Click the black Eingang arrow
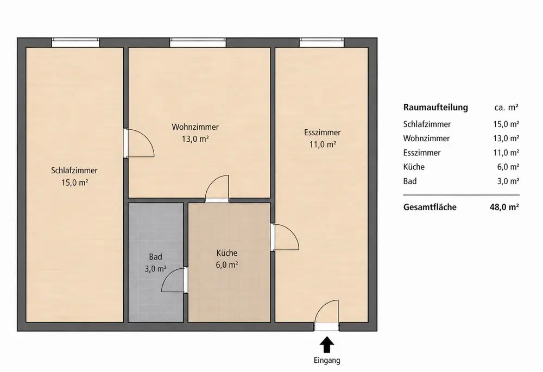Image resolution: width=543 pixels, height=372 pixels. (x=327, y=345)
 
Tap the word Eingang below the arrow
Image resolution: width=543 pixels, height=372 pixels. (x=327, y=361)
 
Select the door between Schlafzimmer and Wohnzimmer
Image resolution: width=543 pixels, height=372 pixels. (x=139, y=143)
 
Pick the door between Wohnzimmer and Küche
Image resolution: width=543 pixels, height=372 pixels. (x=217, y=188)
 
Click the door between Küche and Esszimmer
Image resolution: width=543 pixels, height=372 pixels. (x=285, y=237)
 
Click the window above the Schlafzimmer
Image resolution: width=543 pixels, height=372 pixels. (x=75, y=42)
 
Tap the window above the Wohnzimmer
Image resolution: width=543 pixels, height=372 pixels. (x=198, y=42)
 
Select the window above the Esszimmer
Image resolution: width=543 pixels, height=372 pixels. (x=321, y=42)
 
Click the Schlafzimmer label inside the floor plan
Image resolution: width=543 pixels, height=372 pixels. (x=74, y=171)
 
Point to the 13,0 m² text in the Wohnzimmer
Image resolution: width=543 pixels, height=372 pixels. (x=195, y=139)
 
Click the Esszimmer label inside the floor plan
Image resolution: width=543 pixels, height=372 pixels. (x=323, y=133)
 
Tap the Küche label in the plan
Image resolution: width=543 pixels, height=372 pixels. (x=227, y=253)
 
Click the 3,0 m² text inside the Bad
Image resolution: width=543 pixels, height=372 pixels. (x=155, y=268)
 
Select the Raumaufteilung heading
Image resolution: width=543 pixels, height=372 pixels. (x=435, y=108)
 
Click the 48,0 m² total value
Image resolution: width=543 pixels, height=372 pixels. (x=504, y=207)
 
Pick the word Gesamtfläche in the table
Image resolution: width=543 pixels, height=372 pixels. (x=430, y=207)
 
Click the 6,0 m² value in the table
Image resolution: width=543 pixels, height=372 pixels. (x=508, y=167)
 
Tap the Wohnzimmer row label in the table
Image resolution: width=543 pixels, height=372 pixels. (x=426, y=138)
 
